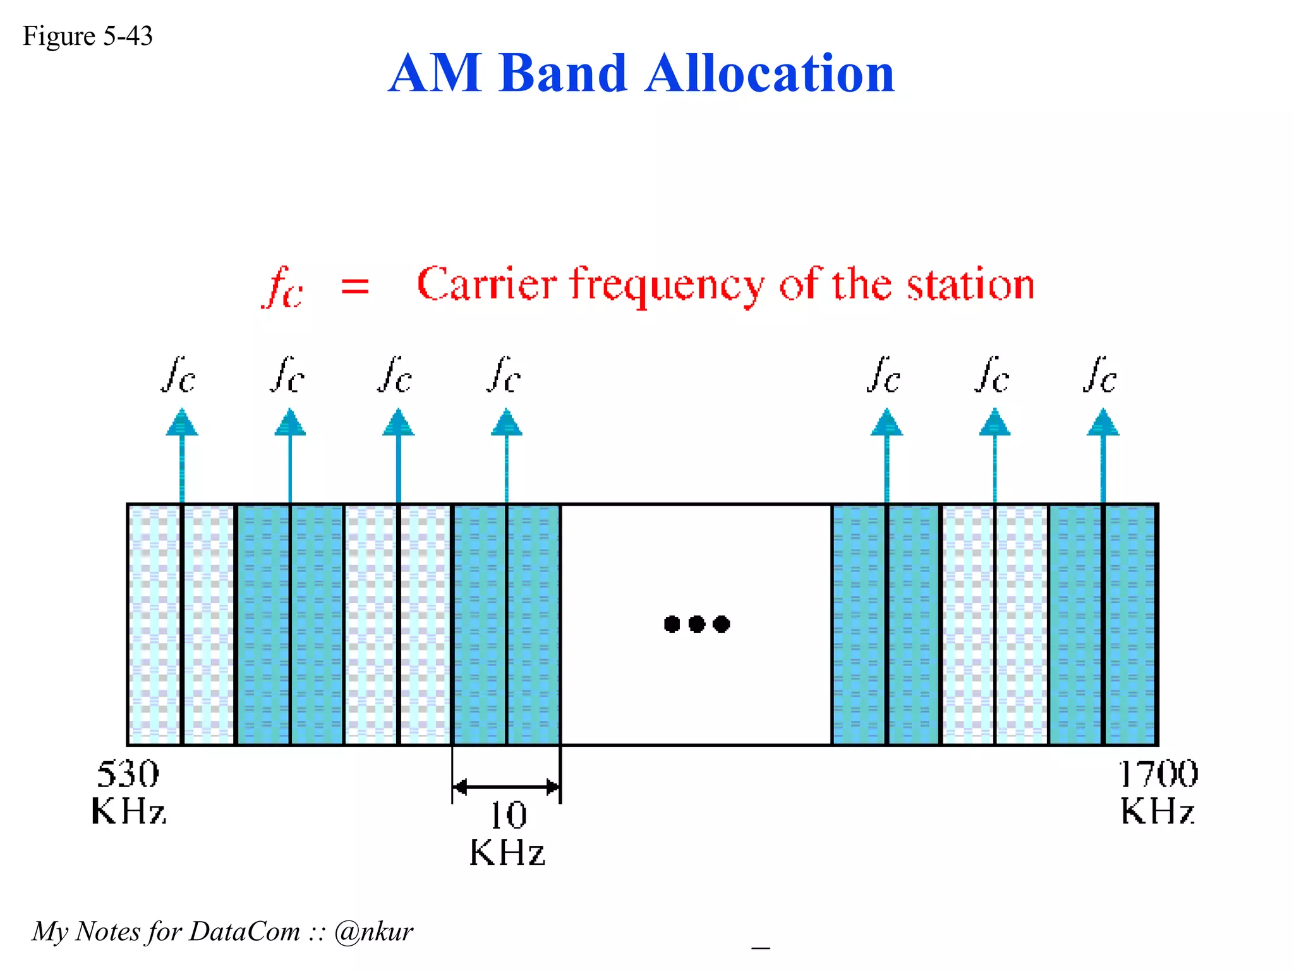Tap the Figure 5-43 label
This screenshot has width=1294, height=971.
pyautogui.click(x=88, y=36)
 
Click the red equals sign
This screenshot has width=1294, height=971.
pyautogui.click(x=355, y=286)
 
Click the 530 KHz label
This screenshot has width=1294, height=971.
pyautogui.click(x=128, y=792)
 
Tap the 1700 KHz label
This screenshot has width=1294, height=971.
pyautogui.click(x=1158, y=792)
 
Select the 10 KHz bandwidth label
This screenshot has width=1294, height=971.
pyautogui.click(x=507, y=833)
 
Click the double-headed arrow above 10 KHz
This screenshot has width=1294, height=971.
pyautogui.click(x=506, y=787)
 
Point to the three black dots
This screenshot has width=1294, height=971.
pyautogui.click(x=697, y=624)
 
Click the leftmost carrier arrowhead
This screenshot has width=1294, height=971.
pyautogui.click(x=182, y=422)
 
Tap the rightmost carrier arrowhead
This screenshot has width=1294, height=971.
pyautogui.click(x=1103, y=422)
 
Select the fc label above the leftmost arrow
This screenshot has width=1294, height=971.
pyautogui.click(x=179, y=376)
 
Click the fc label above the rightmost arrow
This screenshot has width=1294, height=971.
pyautogui.click(x=1100, y=376)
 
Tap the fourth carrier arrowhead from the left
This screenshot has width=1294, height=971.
pyautogui.click(x=507, y=422)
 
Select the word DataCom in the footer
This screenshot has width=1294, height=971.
pyautogui.click(x=245, y=931)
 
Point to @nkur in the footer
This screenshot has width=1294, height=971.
pyautogui.click(x=373, y=931)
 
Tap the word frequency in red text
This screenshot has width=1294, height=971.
pyautogui.click(x=667, y=286)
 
